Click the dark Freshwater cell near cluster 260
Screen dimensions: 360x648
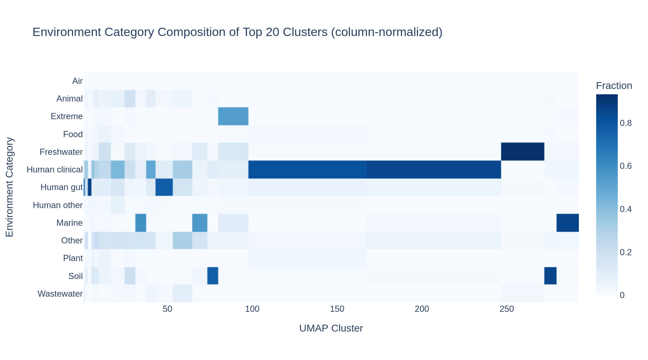coord(522,152)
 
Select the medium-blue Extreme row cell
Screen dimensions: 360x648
coord(233,116)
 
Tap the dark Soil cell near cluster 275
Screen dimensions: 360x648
coord(550,276)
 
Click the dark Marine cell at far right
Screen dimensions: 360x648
coord(567,222)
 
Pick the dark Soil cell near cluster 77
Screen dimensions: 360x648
coord(212,276)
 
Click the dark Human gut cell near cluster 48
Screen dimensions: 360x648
coord(164,187)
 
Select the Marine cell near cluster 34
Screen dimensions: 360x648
coord(140,222)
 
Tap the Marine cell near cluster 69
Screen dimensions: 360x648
coord(199,222)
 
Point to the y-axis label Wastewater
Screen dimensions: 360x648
coord(60,294)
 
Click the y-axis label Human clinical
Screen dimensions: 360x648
coord(54,170)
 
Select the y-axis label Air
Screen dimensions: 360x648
coord(77,81)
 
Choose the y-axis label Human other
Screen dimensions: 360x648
coord(58,205)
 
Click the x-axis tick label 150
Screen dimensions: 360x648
coord(337,309)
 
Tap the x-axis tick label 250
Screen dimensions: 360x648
coord(507,309)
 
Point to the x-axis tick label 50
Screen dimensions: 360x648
coord(167,309)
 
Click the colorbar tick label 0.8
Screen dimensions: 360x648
coord(626,123)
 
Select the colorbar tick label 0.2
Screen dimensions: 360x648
coord(626,252)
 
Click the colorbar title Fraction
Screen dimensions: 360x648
coord(614,86)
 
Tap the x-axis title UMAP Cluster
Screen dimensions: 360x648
coord(331,328)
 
